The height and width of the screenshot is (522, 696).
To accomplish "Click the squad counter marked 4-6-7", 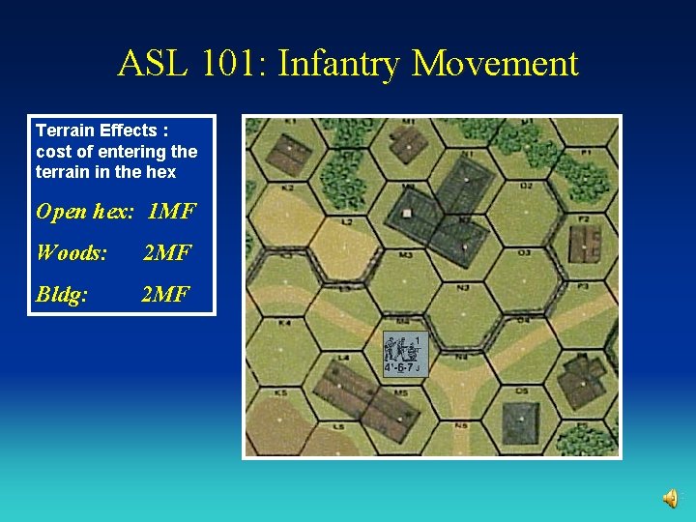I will (x=404, y=353).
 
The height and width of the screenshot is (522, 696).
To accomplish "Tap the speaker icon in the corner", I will (x=670, y=498).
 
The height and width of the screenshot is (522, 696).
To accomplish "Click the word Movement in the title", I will (x=495, y=64).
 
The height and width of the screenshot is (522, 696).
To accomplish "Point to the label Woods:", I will (x=71, y=252).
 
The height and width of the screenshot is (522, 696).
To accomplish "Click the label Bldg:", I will (x=62, y=293).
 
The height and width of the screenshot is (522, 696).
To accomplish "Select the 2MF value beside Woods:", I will (x=167, y=252).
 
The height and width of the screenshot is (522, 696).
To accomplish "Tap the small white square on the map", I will (x=407, y=213).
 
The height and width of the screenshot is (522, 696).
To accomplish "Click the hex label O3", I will (x=524, y=252).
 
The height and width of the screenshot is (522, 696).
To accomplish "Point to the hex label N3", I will (x=463, y=287).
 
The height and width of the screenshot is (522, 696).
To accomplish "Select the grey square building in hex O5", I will (x=520, y=421).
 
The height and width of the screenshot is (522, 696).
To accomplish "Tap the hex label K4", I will (x=284, y=322).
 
